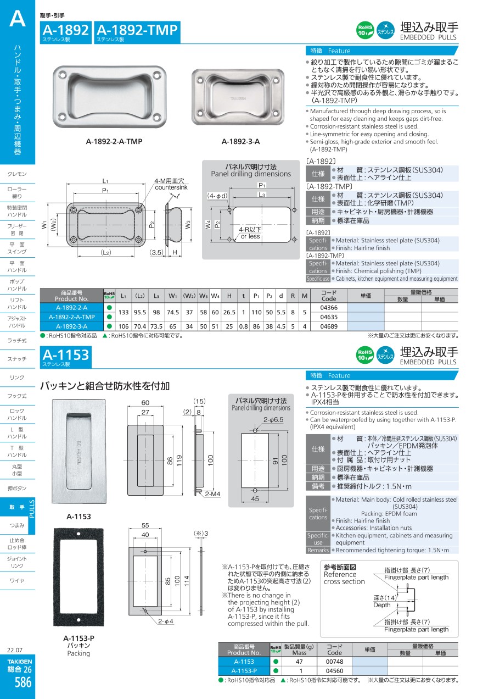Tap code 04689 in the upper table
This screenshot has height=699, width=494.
pyautogui.click(x=329, y=326)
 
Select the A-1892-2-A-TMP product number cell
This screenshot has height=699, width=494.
pyautogui.click(x=72, y=317)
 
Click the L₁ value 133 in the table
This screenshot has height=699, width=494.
pyautogui.click(x=123, y=312)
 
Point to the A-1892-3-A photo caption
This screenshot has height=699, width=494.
pyautogui.click(x=240, y=141)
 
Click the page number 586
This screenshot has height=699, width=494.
pyautogui.click(x=23, y=682)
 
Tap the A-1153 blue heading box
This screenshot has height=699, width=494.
pyautogui.click(x=66, y=357)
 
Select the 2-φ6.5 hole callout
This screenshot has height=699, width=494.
pyautogui.click(x=273, y=420)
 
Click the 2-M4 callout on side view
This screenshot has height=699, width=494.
pyautogui.click(x=212, y=494)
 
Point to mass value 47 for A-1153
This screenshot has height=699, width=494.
pyautogui.click(x=299, y=662)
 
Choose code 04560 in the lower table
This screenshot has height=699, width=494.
pyautogui.click(x=334, y=671)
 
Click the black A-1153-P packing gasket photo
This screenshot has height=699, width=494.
pyautogui.click(x=78, y=577)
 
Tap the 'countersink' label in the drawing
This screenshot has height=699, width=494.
pyautogui.click(x=171, y=187)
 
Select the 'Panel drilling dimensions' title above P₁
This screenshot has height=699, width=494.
pyautogui.click(x=251, y=174)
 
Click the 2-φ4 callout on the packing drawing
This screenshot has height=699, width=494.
pyautogui.click(x=166, y=621)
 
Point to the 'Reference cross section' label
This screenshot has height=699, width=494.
pyautogui.click(x=344, y=578)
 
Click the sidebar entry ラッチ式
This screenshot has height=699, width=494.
pyautogui.click(x=17, y=341)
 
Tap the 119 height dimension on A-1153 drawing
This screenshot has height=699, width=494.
pyautogui.click(x=179, y=461)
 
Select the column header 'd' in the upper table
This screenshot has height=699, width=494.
pyautogui.click(x=281, y=296)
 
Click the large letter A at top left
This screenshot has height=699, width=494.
pyautogui.click(x=18, y=18)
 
